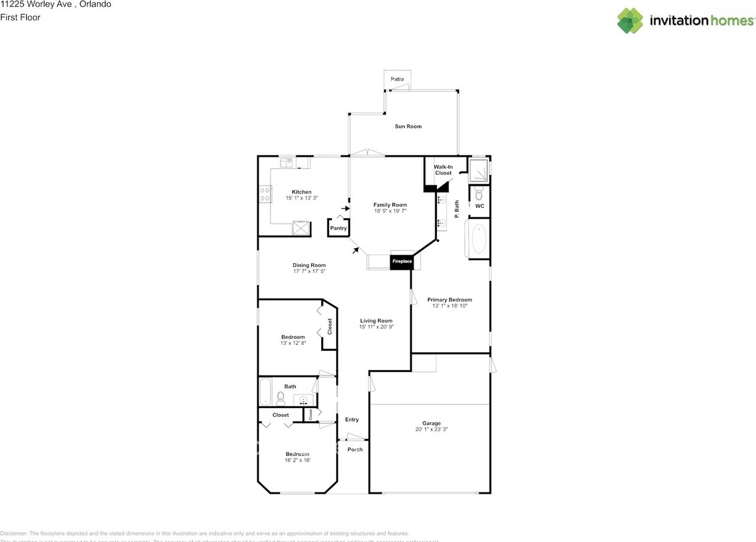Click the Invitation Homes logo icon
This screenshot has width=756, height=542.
click(630, 21)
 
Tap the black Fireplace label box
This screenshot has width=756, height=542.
click(401, 261)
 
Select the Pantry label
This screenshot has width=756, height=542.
click(338, 228)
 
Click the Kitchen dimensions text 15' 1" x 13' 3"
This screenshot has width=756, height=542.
click(301, 198)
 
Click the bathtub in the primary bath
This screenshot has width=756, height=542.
click(478, 239)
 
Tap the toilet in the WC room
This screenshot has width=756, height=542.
click(479, 193)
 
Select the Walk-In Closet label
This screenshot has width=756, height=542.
click(443, 170)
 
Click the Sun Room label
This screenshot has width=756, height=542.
click(408, 126)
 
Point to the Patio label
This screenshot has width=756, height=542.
click(397, 79)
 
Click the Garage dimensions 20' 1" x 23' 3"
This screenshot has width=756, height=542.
click(431, 430)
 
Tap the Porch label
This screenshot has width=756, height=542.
click(355, 449)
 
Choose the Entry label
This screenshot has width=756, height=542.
click(351, 420)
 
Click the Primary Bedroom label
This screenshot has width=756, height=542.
click(449, 300)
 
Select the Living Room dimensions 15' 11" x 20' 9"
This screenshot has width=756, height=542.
click(376, 326)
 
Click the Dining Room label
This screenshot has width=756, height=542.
click(309, 265)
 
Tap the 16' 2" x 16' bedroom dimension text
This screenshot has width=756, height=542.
click(297, 461)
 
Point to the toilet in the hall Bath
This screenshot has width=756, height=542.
click(281, 400)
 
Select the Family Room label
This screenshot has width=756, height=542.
click(390, 205)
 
